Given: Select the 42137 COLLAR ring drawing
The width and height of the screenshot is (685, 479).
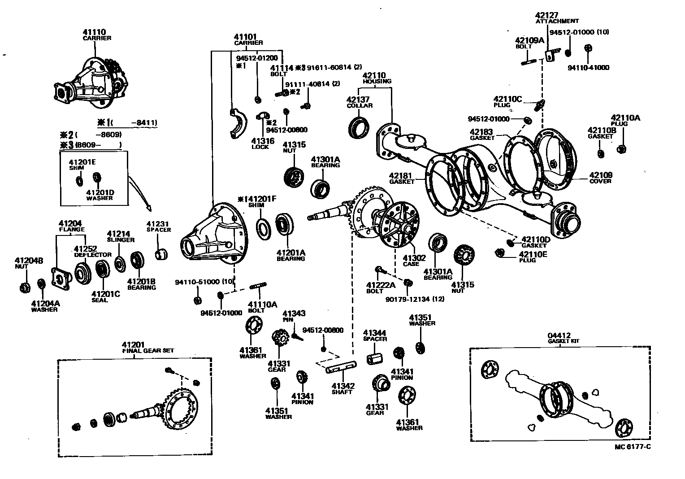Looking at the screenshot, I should [358, 127].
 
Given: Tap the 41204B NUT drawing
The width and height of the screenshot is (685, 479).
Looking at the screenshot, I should [25, 287].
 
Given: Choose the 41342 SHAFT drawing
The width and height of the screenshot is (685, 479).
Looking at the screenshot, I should [341, 368].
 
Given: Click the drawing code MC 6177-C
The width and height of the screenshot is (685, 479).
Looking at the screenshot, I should [633, 447].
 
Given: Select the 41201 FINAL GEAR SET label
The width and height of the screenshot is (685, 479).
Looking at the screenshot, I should [148, 347].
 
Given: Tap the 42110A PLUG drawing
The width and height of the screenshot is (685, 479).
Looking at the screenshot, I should [622, 148].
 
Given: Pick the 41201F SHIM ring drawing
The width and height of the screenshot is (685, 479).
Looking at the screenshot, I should [263, 227].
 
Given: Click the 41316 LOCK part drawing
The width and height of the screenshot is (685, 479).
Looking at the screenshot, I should [261, 118].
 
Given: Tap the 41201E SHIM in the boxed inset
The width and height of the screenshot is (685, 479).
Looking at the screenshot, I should [80, 180].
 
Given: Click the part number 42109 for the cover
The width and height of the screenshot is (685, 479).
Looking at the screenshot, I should [600, 175].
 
